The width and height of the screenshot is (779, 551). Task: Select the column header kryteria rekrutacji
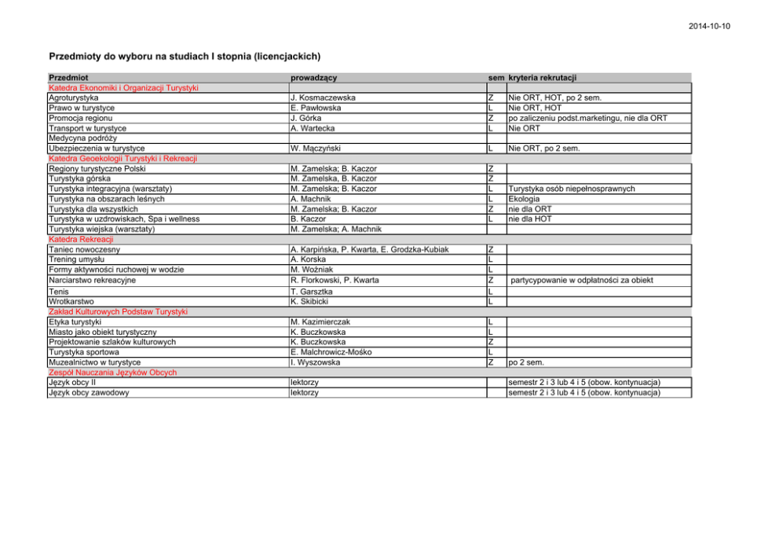click(x=543, y=78)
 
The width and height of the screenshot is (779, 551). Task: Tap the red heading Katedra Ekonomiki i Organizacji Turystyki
click(x=123, y=87)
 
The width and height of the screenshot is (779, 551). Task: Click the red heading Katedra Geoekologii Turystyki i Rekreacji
click(x=123, y=158)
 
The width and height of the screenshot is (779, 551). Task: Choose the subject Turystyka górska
click(x=79, y=178)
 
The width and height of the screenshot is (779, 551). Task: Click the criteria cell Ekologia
click(x=524, y=199)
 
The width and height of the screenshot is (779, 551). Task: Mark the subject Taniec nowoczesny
click(x=84, y=249)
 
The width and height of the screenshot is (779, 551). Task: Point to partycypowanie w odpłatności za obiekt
click(x=581, y=280)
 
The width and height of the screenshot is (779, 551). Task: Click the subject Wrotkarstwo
click(x=71, y=301)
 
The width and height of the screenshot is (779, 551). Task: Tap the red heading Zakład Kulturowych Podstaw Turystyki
click(x=118, y=311)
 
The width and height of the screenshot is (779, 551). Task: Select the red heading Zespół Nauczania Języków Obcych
click(x=112, y=372)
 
